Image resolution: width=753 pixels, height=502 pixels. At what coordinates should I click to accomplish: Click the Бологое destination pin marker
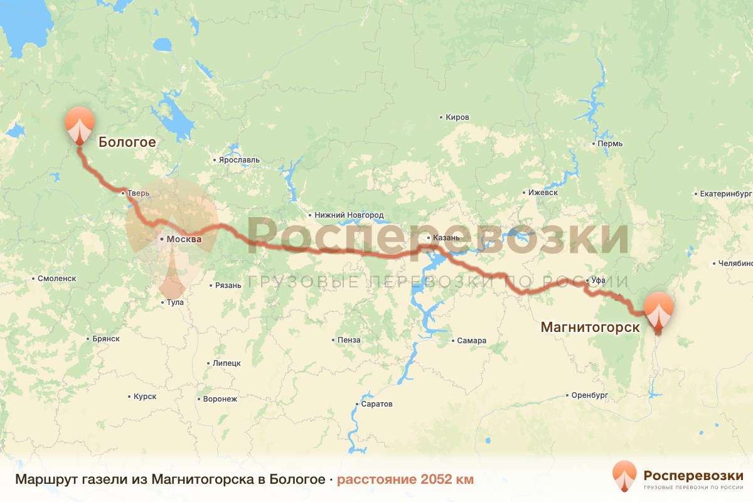click(x=80, y=124)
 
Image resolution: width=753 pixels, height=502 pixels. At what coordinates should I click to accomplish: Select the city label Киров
click(x=456, y=117)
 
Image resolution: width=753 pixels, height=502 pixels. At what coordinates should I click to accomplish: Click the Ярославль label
click(x=238, y=160)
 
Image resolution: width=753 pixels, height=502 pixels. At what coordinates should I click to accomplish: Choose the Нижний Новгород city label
click(x=348, y=215)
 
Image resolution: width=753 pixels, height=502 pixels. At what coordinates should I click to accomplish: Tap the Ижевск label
click(x=543, y=193)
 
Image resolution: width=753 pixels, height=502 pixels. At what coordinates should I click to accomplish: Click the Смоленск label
click(x=56, y=278)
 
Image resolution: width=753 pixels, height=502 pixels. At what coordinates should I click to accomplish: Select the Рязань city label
click(x=228, y=286)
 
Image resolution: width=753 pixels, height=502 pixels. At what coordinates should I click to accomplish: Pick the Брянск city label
click(x=105, y=339)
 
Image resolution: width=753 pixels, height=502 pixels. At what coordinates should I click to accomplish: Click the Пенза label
click(x=349, y=340)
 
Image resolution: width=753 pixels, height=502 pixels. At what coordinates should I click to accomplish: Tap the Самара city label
click(x=471, y=341)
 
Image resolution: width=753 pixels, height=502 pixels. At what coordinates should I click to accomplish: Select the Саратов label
click(x=376, y=404)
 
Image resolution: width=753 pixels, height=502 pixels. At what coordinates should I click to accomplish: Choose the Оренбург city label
click(x=590, y=395)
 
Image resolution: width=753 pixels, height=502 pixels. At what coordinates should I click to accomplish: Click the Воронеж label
click(x=220, y=399)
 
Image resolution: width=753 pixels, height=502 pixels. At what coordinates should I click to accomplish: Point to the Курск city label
click(x=144, y=397)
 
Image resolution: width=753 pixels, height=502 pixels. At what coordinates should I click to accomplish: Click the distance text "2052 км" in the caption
click(x=446, y=479)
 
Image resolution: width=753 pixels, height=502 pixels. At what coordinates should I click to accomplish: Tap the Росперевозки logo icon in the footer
click(x=624, y=475)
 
